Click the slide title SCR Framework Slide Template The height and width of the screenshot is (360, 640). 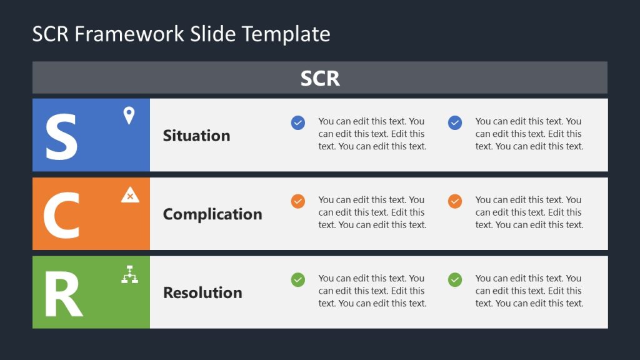(x=181, y=34)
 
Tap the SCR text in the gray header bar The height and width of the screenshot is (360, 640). (x=320, y=78)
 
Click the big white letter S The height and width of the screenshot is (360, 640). (x=61, y=137)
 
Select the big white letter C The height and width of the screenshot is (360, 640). (x=61, y=216)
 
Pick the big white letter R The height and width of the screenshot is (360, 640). (x=63, y=294)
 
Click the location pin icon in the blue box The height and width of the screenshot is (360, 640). (x=129, y=116)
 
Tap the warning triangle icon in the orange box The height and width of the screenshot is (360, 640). (x=130, y=195)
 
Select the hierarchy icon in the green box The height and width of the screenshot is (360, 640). (x=129, y=274)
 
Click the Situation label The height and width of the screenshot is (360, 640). (x=196, y=136)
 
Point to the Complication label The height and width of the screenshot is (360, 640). (x=212, y=214)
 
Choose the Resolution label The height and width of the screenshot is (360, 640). (x=202, y=292)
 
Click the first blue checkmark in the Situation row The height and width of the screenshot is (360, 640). (x=298, y=122)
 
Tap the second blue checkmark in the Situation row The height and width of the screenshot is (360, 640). (x=455, y=122)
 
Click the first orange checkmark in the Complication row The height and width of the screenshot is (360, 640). (x=298, y=201)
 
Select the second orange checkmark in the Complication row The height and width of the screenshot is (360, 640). (x=455, y=201)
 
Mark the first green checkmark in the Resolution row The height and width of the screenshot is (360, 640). (x=298, y=280)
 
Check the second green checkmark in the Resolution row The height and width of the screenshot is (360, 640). (x=455, y=280)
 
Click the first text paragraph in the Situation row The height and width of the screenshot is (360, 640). (x=372, y=134)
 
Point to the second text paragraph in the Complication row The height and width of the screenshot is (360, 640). (x=529, y=212)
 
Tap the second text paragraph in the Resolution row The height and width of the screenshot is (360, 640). (x=529, y=291)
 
